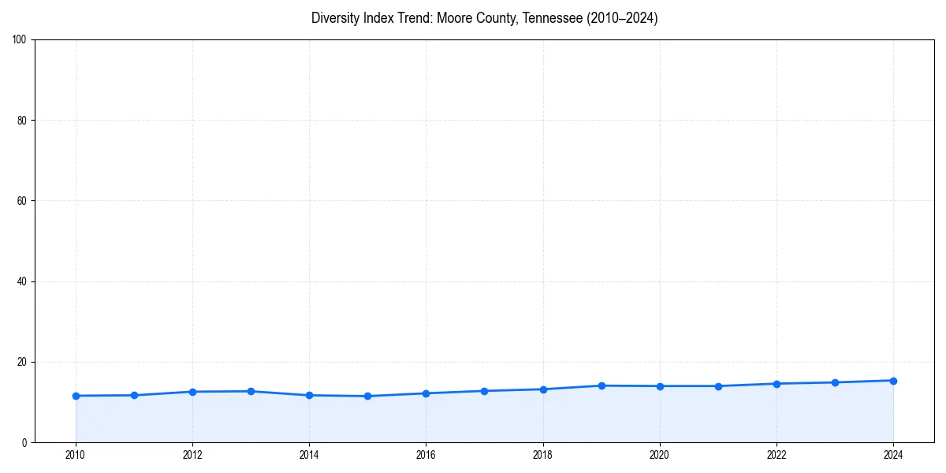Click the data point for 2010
[x=76, y=396]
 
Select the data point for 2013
[x=251, y=391]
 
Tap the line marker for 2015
[x=367, y=396]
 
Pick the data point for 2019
[x=601, y=385]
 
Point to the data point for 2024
[x=893, y=381]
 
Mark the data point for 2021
[x=718, y=386]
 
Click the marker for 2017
[x=484, y=391]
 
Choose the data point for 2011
[x=134, y=395]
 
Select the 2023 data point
[x=835, y=382]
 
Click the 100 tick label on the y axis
[x=20, y=39]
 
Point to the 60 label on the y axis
[x=22, y=201]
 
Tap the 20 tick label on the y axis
[x=22, y=362]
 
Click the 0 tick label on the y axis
[x=24, y=443]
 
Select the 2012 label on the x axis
[x=192, y=455]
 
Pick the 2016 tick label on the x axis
[x=426, y=455]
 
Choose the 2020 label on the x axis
[x=660, y=455]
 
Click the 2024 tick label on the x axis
[x=893, y=455]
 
